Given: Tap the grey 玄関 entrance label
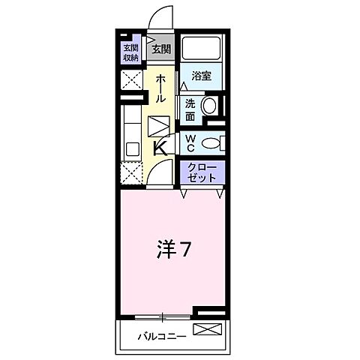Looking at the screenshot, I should tap(160, 50).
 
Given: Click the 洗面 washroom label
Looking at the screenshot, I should tap(190, 109).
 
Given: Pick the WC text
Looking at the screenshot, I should tap(190, 142).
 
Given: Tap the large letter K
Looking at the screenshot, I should tap(160, 147).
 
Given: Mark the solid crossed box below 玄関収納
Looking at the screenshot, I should tap(131, 80).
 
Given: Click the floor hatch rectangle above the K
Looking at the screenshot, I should tap(160, 125).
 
